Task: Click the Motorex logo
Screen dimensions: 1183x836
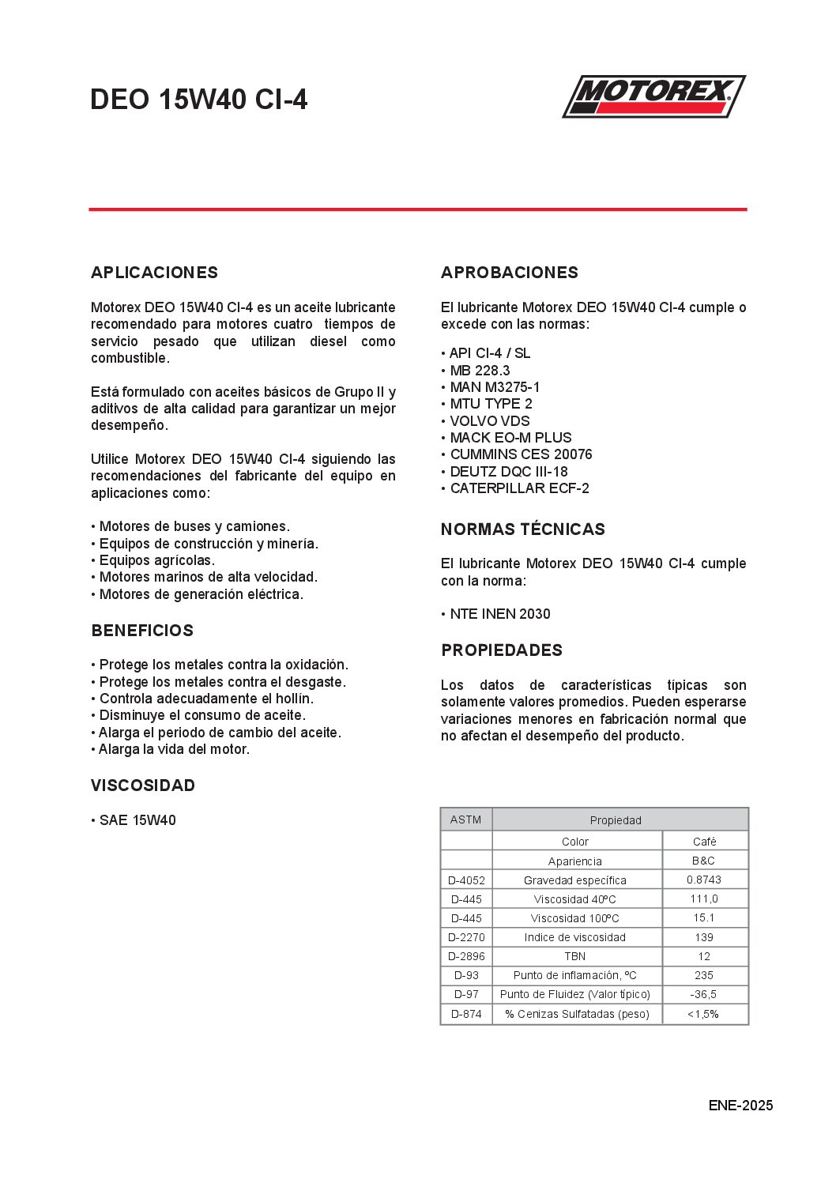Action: [x=653, y=96]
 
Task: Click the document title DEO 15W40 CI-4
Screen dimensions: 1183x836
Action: [x=198, y=100]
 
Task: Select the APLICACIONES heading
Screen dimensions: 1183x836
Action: [x=154, y=273]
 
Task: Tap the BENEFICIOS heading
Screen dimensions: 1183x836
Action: [x=142, y=631]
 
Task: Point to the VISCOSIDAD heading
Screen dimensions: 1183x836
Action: [x=143, y=786]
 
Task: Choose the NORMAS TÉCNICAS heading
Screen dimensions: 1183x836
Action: [x=522, y=529]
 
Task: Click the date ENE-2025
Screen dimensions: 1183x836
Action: [x=740, y=1106]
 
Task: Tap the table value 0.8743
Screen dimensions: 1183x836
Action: [x=703, y=880]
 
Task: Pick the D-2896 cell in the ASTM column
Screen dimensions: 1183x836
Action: [x=466, y=956]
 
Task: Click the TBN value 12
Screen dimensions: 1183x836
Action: [x=703, y=956]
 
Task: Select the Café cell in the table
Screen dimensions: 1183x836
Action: [x=704, y=842]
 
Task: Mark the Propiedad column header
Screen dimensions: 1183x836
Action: [x=616, y=820]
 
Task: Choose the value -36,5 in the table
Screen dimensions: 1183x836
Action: [x=703, y=994]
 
